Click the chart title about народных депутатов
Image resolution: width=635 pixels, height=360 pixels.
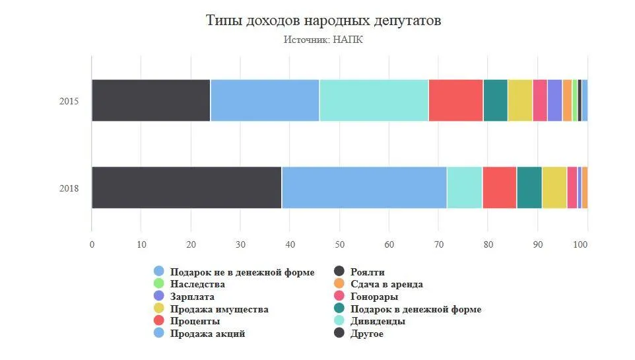[x=323, y=20]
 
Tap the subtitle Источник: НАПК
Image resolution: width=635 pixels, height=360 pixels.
[x=323, y=40]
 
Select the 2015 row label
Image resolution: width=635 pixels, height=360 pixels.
[x=69, y=101]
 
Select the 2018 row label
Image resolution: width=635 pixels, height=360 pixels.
[x=69, y=188]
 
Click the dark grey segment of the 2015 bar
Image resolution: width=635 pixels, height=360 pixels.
[x=150, y=100]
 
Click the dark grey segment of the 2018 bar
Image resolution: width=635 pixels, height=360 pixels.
[x=186, y=188]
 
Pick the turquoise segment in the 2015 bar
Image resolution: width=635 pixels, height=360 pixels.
[x=374, y=100]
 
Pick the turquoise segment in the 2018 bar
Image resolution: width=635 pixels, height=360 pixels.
[x=465, y=188]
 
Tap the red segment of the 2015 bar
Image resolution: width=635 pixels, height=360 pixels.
[x=455, y=100]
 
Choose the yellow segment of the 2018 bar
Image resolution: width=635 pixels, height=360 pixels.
[x=554, y=188]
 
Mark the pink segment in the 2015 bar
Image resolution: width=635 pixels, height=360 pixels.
[x=540, y=100]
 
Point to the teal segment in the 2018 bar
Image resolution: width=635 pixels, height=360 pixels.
[x=529, y=188]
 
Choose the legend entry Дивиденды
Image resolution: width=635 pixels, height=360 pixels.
[x=378, y=321]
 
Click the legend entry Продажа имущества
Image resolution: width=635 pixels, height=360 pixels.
[x=218, y=309]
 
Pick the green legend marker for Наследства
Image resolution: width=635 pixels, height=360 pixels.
[x=159, y=284]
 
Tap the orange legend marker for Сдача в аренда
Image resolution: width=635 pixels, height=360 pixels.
[x=340, y=284]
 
